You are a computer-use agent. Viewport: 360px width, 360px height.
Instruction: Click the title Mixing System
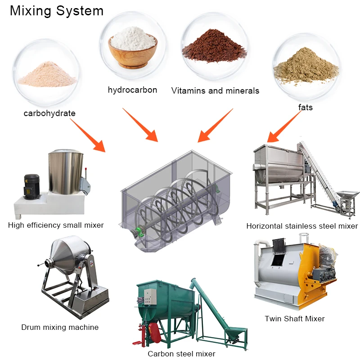point(57,11)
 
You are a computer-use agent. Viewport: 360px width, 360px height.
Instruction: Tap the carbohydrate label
point(49,113)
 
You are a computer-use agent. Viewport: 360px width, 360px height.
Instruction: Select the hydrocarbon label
point(132,90)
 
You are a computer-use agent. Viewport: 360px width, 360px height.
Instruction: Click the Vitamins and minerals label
point(215,90)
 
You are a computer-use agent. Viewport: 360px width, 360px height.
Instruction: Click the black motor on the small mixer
point(31,184)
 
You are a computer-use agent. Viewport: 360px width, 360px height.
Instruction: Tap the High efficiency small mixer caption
point(56,225)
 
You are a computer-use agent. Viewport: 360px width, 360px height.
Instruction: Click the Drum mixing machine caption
point(60,327)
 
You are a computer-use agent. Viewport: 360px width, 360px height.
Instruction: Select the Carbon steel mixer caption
point(181,354)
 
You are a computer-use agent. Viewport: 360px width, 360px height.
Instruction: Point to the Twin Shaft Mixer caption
point(295,319)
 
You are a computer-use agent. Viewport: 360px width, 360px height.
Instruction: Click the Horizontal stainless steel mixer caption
point(302,226)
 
